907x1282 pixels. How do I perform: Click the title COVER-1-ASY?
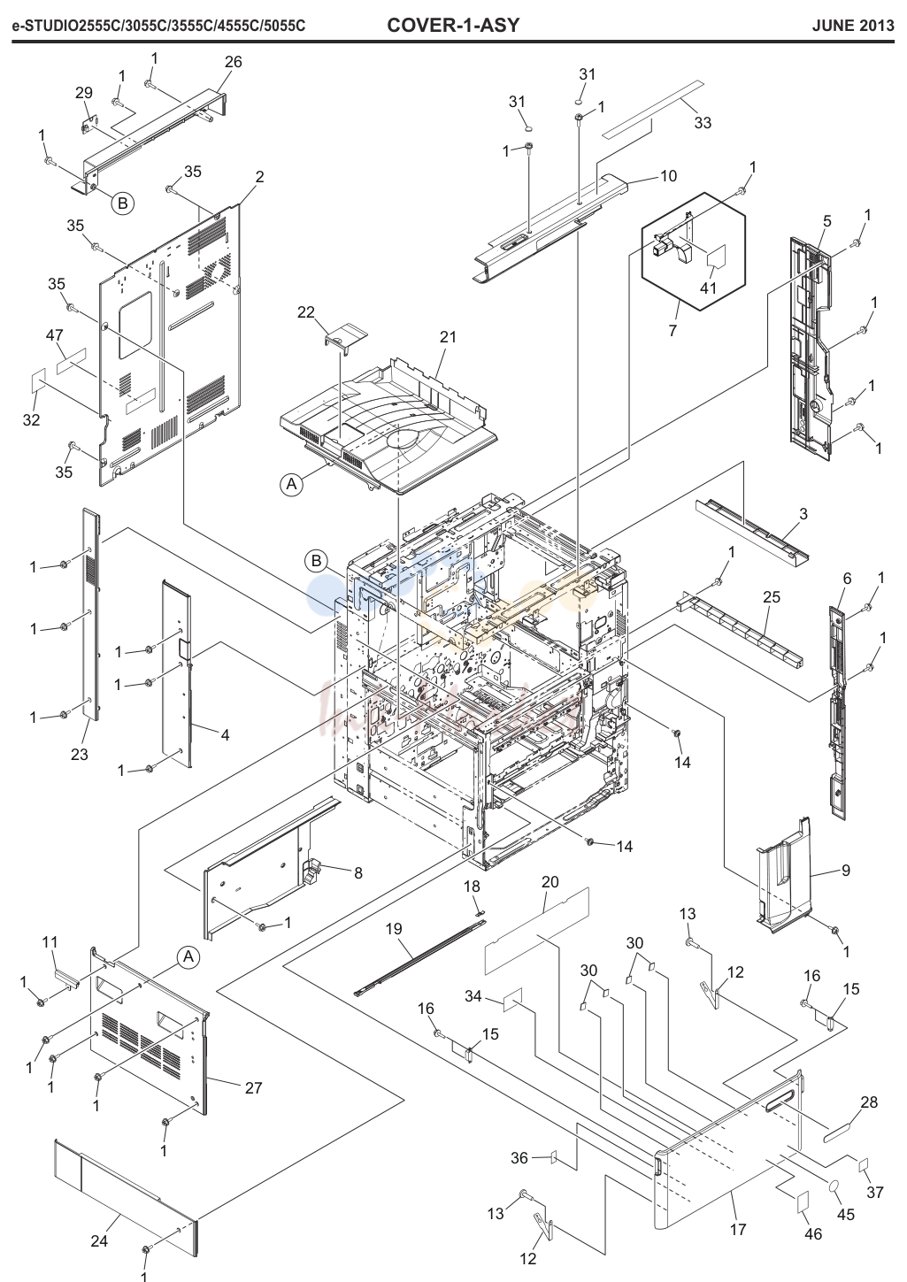453,25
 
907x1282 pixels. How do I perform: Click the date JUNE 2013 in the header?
852,26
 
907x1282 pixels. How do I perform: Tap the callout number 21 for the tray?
448,338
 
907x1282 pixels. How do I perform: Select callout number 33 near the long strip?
703,122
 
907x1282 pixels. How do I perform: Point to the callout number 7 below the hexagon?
673,330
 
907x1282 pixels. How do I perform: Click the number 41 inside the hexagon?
709,288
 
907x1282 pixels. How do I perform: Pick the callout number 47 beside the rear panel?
54,334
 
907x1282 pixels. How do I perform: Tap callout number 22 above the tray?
306,312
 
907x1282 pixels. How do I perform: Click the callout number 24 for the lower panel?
100,1240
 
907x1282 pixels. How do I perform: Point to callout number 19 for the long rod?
395,928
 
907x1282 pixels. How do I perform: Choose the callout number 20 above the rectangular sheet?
550,881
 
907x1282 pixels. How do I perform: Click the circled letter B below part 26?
122,203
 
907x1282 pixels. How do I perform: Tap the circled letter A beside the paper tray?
291,484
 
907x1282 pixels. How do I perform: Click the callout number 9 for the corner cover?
846,870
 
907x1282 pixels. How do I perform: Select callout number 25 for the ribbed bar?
772,597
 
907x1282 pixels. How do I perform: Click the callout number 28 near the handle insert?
869,1102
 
